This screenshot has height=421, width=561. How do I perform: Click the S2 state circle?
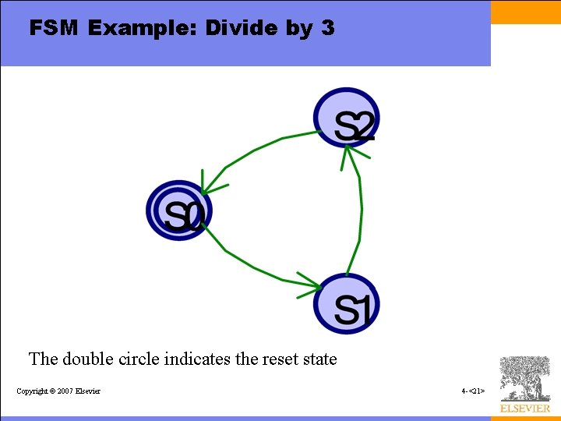347,119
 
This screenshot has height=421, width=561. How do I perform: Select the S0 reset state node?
179,210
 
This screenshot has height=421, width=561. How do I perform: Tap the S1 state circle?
347,305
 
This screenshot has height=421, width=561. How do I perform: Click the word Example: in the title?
143,29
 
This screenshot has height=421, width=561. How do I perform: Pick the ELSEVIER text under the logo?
524,409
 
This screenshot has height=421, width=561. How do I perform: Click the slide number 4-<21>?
473,391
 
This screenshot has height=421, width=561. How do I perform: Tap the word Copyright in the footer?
32,391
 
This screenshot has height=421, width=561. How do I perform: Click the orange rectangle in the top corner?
526,12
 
